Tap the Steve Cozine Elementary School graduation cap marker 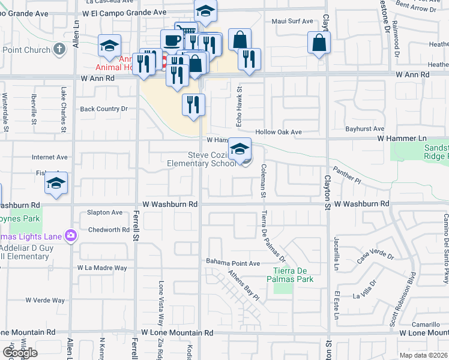point(240,149)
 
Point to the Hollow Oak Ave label point(278,132)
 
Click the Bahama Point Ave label point(233,263)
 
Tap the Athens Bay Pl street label point(243,286)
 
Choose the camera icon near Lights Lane point(71,235)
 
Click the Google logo point(19,352)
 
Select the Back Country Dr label point(104,109)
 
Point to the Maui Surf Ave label point(292,21)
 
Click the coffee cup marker point(172,41)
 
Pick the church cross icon point(59,49)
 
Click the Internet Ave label point(49,157)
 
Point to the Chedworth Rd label point(109,230)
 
